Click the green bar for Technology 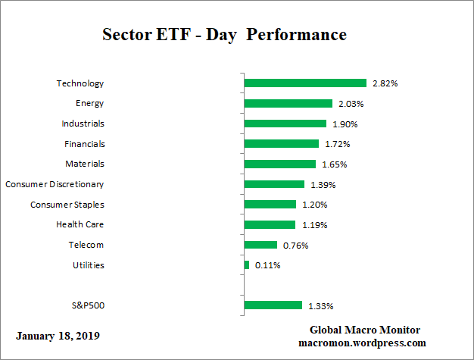(305, 83)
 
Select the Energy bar (288, 104)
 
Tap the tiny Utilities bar (247, 265)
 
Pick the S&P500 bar (273, 305)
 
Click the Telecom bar (261, 245)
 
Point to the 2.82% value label (385, 83)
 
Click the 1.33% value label (320, 306)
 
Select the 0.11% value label (269, 265)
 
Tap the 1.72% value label (337, 144)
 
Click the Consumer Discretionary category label (55, 184)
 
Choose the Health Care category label (80, 224)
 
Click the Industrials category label (83, 124)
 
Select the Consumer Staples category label (67, 205)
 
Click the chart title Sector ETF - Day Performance (223, 35)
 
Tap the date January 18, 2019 (57, 335)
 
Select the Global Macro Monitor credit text (365, 330)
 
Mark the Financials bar (282, 144)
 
